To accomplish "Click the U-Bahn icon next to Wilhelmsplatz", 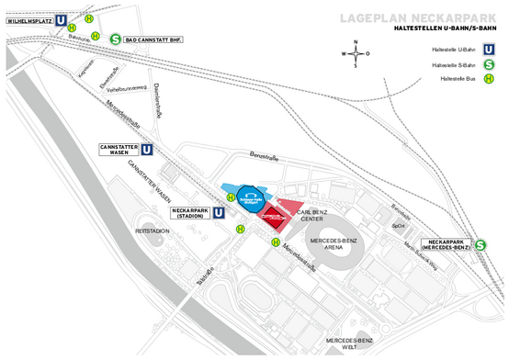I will click(61, 17).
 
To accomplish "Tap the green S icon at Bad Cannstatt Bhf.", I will click(115, 39).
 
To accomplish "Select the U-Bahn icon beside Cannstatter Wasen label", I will click(147, 150).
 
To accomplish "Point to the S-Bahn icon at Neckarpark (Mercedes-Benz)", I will click(481, 245).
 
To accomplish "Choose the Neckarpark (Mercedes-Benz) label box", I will click(446, 245).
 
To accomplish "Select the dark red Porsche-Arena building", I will click(274, 220).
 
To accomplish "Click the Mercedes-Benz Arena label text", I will click(332, 243).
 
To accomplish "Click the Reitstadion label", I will click(153, 231).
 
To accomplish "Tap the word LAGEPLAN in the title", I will click(376, 17).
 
